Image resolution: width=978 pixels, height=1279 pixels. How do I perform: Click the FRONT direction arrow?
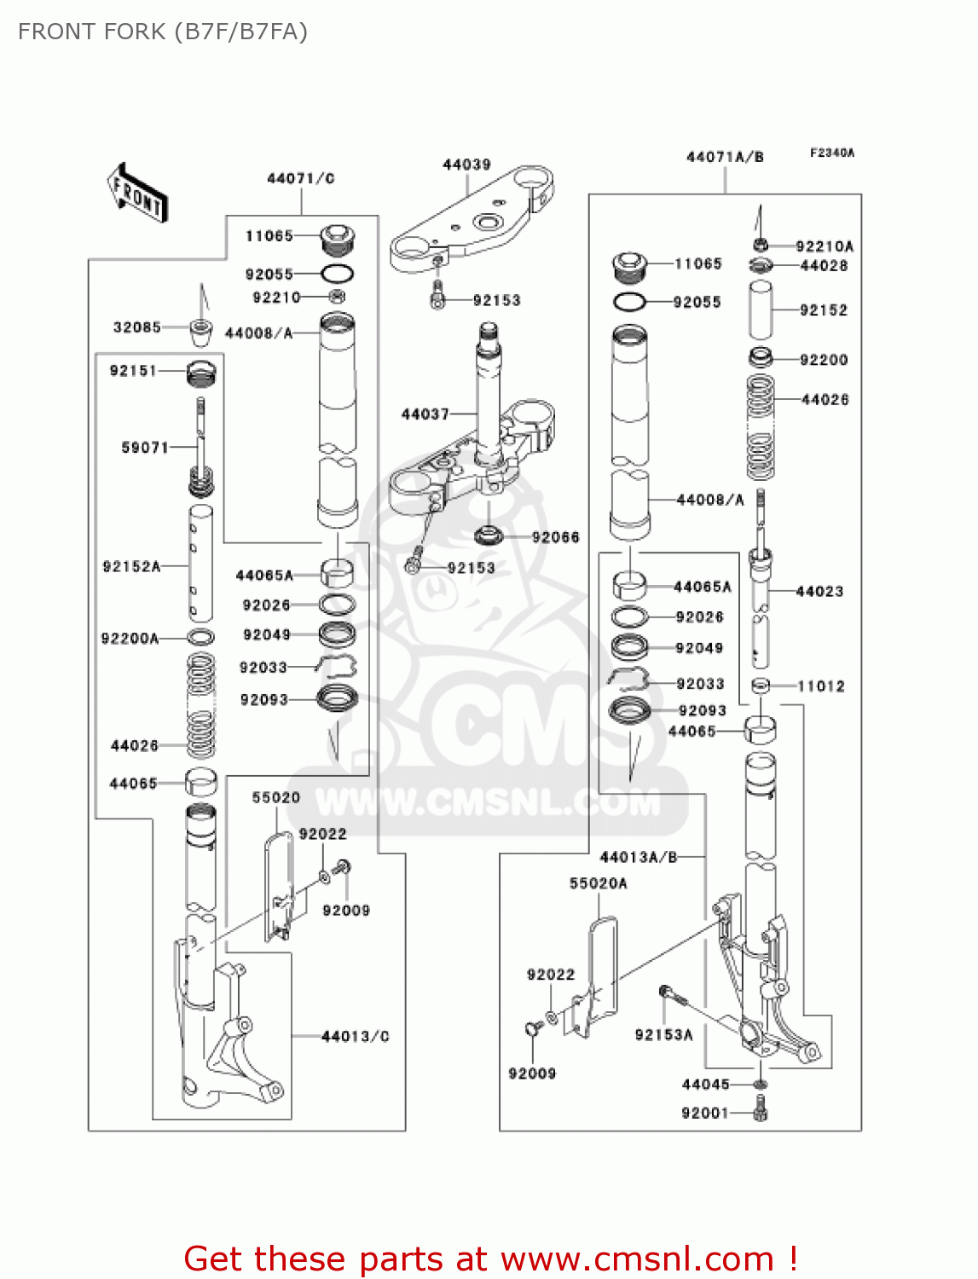coord(137,194)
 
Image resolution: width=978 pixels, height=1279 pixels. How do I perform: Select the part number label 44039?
coord(466,165)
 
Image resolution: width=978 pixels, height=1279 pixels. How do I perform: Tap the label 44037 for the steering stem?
coord(425,414)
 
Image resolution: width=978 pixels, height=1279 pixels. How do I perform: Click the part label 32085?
coord(137,327)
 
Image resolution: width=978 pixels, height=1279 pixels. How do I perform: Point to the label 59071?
coord(145,447)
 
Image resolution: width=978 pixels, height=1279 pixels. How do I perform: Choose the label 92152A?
coord(131,566)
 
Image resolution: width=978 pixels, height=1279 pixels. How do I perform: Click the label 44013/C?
coord(355,1036)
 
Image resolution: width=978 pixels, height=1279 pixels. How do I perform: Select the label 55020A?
coord(598,883)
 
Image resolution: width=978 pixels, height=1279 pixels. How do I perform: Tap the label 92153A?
coord(663,1034)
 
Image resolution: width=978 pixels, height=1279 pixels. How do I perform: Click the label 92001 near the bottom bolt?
coord(705,1113)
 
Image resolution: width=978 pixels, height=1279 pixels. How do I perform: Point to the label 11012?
coord(820,686)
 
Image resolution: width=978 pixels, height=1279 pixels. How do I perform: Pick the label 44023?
coord(819,591)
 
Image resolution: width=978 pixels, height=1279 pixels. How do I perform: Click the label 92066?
coord(555,537)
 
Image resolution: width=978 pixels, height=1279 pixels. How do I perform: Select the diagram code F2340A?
coord(831,153)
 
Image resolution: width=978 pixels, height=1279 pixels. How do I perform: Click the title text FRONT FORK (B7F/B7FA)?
coord(163,32)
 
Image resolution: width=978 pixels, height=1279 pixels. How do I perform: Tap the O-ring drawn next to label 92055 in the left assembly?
coord(337,275)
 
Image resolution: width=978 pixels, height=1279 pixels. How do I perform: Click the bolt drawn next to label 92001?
coord(761,1112)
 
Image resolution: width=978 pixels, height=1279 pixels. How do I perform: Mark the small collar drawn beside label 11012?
coord(761,686)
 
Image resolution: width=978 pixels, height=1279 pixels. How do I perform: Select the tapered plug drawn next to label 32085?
coord(200,330)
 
